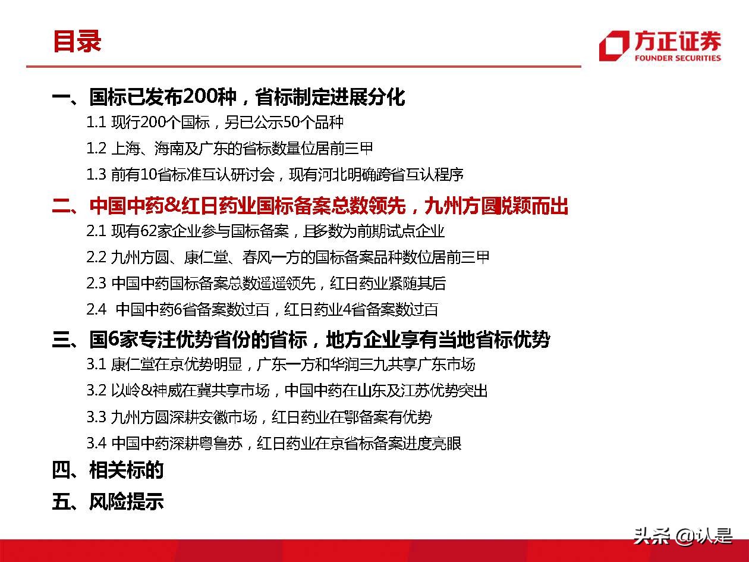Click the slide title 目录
[x=77, y=41]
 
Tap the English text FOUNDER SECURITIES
[x=678, y=58]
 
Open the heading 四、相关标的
[x=108, y=470]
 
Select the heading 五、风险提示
[x=108, y=501]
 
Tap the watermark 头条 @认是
[x=683, y=536]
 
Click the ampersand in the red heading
[x=172, y=206]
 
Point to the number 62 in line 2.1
[x=149, y=231]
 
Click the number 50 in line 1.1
[x=292, y=122]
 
